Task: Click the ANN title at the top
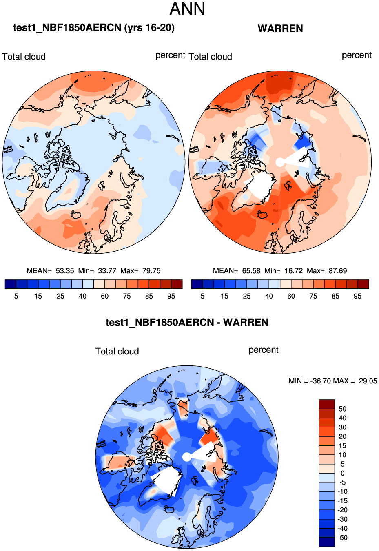click(x=187, y=9)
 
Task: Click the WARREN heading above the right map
click(x=280, y=29)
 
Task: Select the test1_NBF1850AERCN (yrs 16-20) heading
click(x=94, y=28)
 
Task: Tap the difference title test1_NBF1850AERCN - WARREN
click(x=187, y=323)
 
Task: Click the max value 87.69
click(x=337, y=271)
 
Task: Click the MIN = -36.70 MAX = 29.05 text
click(x=332, y=381)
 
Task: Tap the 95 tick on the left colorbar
click(x=171, y=296)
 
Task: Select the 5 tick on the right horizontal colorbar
click(x=202, y=296)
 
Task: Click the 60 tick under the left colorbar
click(x=105, y=296)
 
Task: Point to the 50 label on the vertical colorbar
click(x=342, y=409)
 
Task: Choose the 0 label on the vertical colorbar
click(x=342, y=473)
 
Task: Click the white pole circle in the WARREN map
click(x=280, y=162)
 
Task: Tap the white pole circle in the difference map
click(x=186, y=457)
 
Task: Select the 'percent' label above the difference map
click(x=264, y=350)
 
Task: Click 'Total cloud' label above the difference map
click(x=117, y=351)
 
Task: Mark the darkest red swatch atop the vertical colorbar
click(x=326, y=404)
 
